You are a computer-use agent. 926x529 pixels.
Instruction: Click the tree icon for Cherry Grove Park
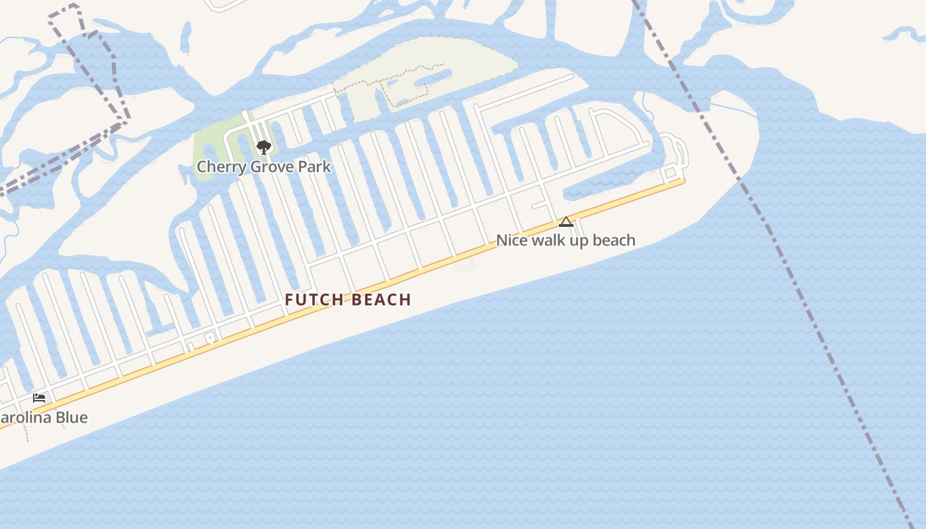click(264, 147)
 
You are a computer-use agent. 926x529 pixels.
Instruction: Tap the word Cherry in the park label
click(217, 167)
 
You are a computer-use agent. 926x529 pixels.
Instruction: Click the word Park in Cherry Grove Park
click(314, 167)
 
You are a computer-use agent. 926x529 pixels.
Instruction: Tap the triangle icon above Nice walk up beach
click(566, 222)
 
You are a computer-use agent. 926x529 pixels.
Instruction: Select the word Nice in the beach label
click(511, 241)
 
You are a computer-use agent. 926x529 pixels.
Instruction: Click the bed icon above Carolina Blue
click(39, 397)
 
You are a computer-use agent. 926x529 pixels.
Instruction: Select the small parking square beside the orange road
click(210, 337)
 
